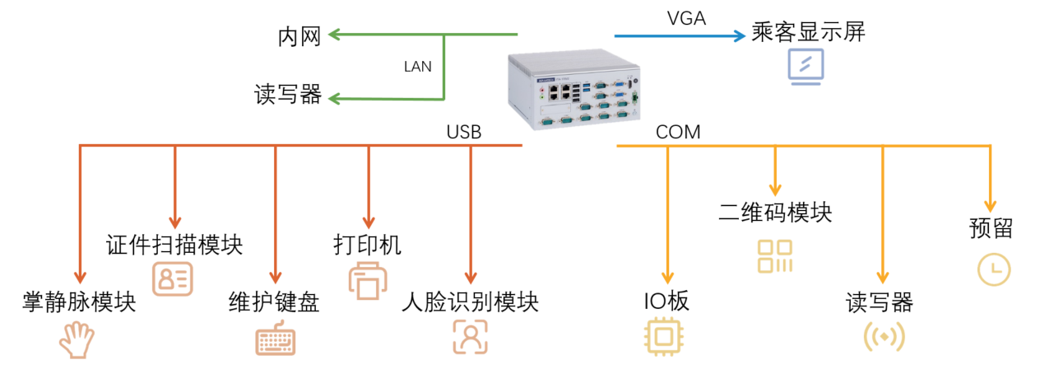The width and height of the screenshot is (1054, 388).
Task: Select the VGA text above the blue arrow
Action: click(x=685, y=19)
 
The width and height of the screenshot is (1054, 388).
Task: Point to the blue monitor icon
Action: click(x=806, y=67)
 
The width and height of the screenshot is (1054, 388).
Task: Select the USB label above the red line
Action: click(x=463, y=132)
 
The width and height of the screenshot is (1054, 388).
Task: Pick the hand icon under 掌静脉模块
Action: click(x=78, y=339)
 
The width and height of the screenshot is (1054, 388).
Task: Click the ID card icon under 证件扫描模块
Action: click(x=173, y=278)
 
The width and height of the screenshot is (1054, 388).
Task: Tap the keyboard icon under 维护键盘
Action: click(x=275, y=339)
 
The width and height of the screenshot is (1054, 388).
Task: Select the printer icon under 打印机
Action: click(x=366, y=280)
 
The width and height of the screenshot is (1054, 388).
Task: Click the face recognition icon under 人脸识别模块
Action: click(x=471, y=337)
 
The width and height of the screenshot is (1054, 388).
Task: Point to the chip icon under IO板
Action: click(x=666, y=337)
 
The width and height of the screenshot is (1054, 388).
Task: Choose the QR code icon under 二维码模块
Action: click(x=774, y=256)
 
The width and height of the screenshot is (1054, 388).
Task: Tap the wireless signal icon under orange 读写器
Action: click(x=884, y=337)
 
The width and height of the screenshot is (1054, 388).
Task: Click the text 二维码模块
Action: click(x=774, y=213)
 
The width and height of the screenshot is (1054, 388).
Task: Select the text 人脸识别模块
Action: click(x=470, y=302)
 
